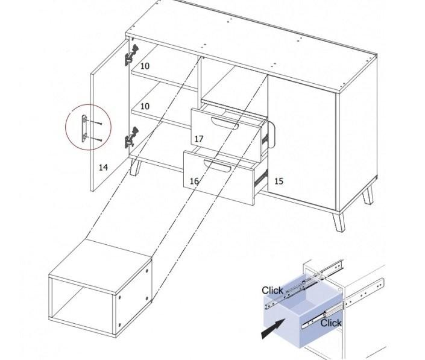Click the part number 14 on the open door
(x=103, y=167)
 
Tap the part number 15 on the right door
(x=279, y=181)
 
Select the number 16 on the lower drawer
(x=194, y=181)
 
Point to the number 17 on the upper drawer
(x=199, y=139)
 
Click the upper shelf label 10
(x=145, y=66)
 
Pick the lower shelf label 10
(x=145, y=106)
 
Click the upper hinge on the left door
(x=131, y=55)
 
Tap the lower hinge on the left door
(x=131, y=137)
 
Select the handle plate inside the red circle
(x=84, y=128)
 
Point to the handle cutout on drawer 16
(x=217, y=166)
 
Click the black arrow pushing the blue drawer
(x=272, y=329)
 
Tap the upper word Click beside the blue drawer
(x=272, y=290)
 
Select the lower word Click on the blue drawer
(x=331, y=323)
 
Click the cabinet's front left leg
(x=135, y=167)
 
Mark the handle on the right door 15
(x=272, y=134)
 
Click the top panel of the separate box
(x=100, y=267)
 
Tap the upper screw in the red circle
(x=96, y=122)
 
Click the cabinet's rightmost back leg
(x=368, y=196)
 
